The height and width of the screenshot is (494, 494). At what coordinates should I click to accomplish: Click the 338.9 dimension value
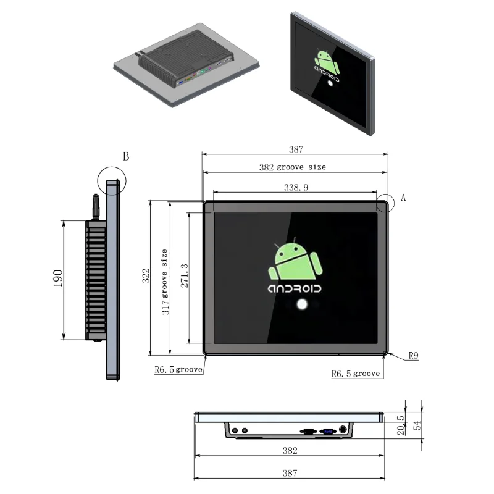[295, 187]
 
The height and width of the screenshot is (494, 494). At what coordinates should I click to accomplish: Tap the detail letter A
[403, 198]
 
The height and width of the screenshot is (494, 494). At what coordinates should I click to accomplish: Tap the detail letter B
[125, 156]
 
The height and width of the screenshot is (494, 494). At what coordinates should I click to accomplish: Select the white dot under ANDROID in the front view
[302, 304]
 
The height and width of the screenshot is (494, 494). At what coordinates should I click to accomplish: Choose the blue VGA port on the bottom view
[328, 432]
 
